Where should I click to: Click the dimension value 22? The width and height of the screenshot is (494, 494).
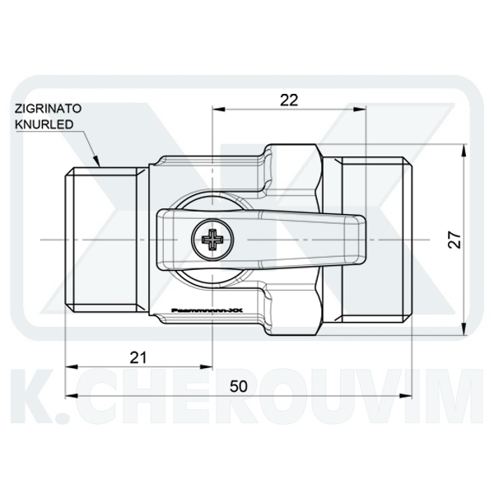click(x=288, y=100)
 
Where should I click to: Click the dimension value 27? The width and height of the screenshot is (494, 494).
click(x=454, y=239)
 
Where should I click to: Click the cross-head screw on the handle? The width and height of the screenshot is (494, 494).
click(x=212, y=240)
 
